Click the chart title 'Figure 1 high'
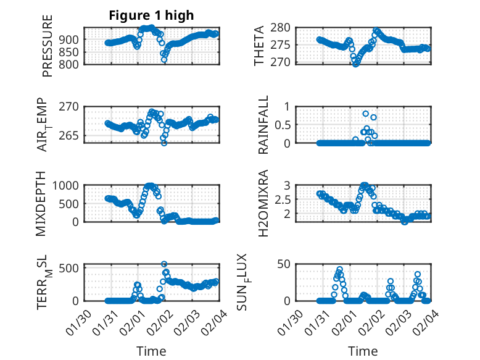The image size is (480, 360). [151, 15]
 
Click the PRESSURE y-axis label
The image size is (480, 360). [48, 46]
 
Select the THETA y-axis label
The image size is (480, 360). [259, 46]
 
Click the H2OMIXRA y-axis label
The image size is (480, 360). [263, 203]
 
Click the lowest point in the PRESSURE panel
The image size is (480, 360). [164, 60]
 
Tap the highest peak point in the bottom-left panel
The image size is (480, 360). [164, 264]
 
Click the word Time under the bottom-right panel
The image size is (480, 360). [363, 351]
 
